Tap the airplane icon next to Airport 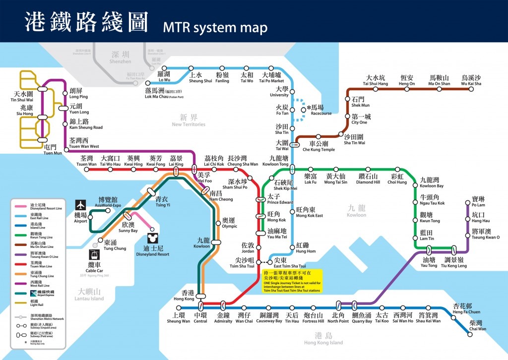pos(81,205)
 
